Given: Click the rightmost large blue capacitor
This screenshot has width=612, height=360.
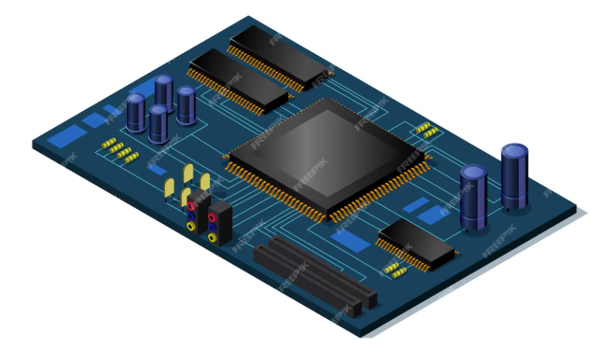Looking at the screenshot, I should point(514,176).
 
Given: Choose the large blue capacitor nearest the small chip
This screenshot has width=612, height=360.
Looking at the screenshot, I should point(473,197).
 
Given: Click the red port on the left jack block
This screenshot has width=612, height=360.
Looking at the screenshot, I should point(192,206).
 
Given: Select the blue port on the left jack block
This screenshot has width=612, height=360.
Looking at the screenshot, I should point(192,215).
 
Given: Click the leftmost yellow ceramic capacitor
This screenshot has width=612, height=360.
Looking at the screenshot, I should point(170,189).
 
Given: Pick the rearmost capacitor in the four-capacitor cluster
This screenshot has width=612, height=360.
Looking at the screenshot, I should point(164,91).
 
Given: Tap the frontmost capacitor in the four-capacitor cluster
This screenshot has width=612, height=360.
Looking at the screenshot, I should point(159,123).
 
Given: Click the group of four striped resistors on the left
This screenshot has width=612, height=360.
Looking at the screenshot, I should point(118,149).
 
